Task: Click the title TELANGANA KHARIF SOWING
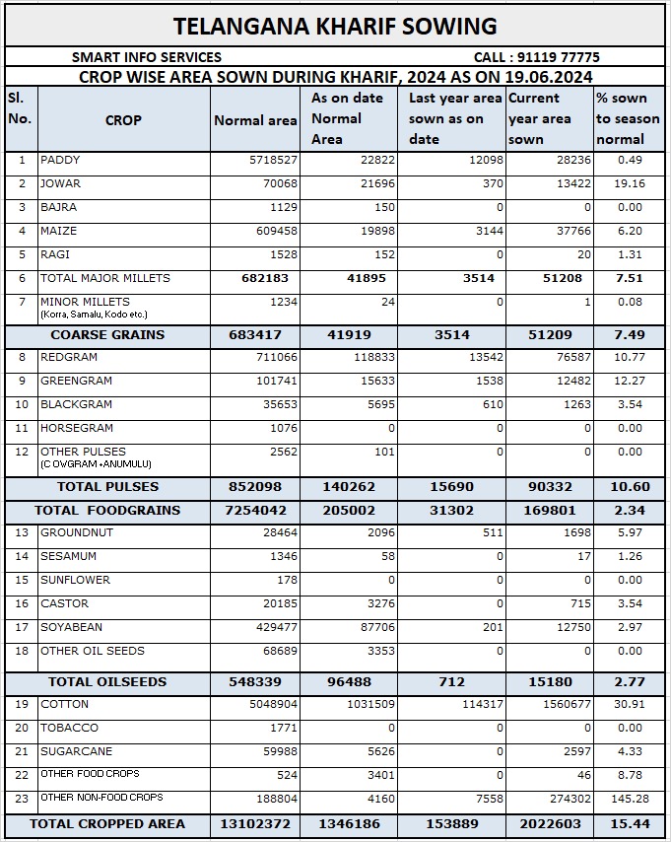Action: coord(335,26)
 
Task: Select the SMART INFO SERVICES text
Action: coord(147,57)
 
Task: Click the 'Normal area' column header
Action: coord(255,120)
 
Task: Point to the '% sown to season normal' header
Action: coord(628,118)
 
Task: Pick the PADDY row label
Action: coord(61,161)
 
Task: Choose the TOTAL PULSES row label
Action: coord(107,487)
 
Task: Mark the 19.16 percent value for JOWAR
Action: coord(625,184)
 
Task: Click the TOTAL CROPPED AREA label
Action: coord(106,823)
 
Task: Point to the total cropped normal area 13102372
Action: coord(255,823)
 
